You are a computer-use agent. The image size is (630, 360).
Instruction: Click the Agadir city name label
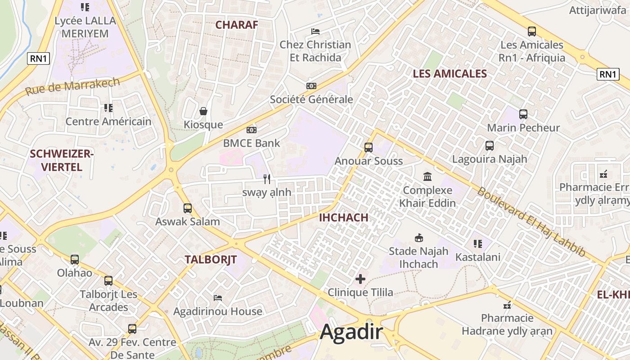click(x=351, y=333)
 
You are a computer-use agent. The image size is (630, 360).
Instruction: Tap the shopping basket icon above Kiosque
click(x=203, y=111)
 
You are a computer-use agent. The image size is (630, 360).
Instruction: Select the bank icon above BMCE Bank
click(x=252, y=130)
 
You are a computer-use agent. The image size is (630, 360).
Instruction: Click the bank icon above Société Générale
click(x=311, y=86)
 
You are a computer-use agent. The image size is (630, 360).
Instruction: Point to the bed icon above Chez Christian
click(x=315, y=31)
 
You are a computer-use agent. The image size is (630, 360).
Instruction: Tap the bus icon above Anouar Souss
click(x=369, y=147)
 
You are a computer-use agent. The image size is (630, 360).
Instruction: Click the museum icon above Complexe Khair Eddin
click(x=427, y=176)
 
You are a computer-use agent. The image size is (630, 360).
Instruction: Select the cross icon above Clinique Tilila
click(x=360, y=279)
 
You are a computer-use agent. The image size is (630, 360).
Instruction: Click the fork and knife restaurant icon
click(x=267, y=179)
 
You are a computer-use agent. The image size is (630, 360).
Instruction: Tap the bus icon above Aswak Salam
click(x=188, y=208)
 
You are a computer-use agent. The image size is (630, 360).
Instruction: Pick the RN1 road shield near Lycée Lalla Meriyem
click(x=38, y=58)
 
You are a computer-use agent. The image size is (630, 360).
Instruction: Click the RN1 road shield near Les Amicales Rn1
click(x=607, y=74)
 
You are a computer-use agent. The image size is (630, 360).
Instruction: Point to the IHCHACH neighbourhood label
click(x=343, y=218)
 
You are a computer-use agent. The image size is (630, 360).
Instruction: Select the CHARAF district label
click(x=237, y=25)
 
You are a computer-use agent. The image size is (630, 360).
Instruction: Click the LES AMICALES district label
click(x=450, y=74)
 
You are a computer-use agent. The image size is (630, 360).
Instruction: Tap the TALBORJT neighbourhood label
click(x=211, y=260)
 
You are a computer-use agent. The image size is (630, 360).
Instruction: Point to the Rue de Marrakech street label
click(x=72, y=86)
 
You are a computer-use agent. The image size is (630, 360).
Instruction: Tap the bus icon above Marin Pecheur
click(x=523, y=114)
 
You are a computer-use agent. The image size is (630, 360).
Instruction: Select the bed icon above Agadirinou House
click(x=218, y=297)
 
